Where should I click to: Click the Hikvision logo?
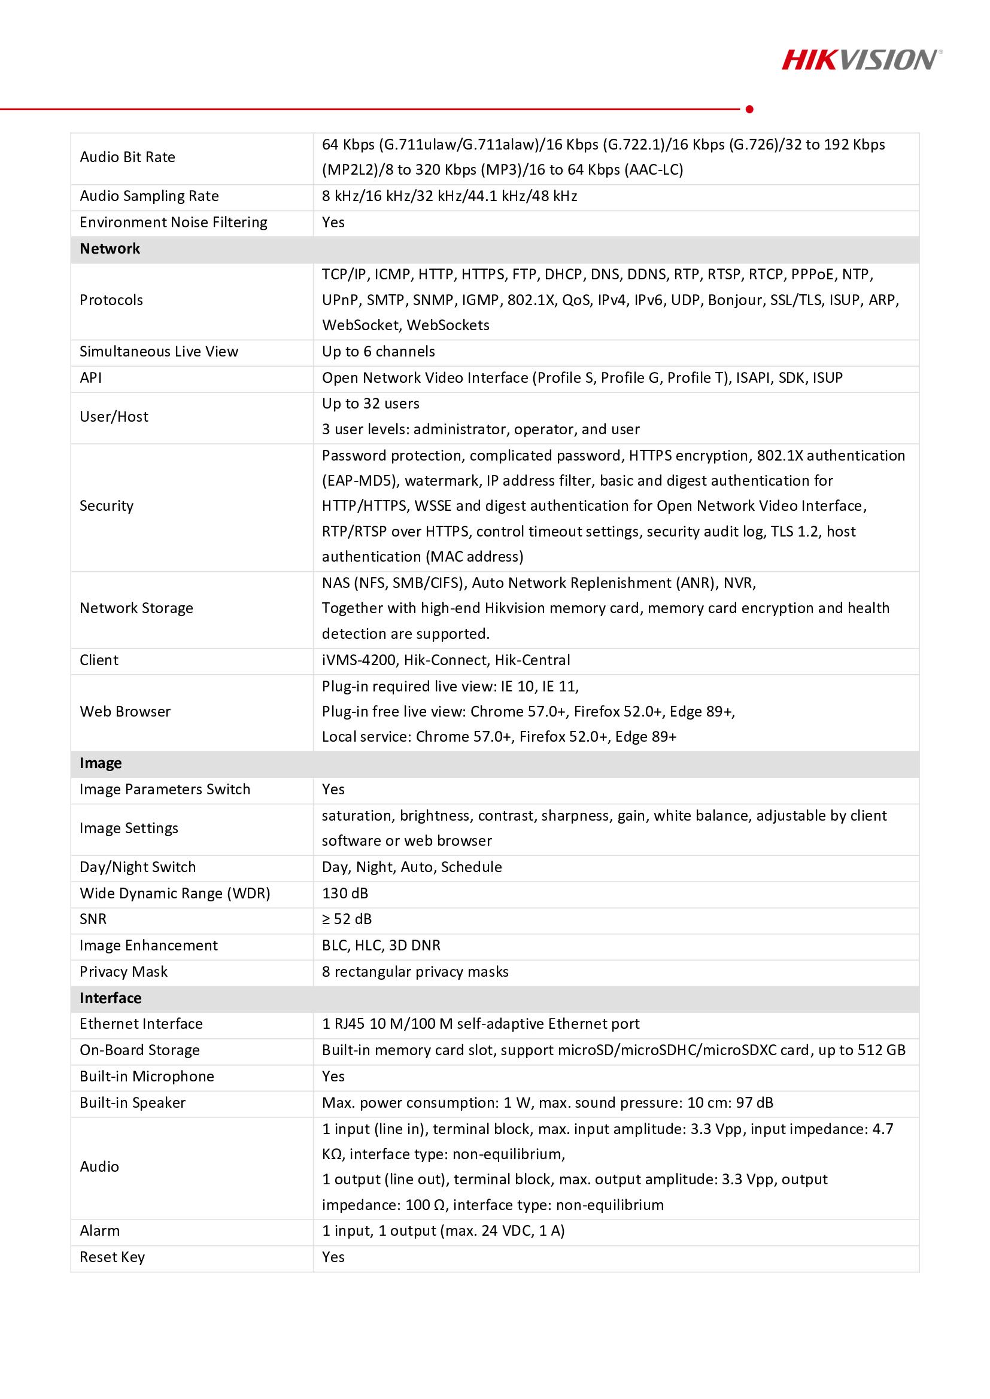(861, 60)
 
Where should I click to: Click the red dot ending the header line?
(749, 109)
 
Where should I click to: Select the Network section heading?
(110, 249)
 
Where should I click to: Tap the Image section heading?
(101, 763)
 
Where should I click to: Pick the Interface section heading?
(110, 998)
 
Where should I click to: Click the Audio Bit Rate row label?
(127, 157)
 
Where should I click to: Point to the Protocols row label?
(111, 300)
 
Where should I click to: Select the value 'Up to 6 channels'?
(378, 352)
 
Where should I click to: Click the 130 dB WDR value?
(345, 893)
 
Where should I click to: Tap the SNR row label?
(93, 919)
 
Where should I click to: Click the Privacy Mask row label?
(123, 971)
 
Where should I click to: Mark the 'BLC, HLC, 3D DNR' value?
(381, 945)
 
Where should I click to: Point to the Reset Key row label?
(112, 1257)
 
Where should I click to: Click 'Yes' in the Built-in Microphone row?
(333, 1076)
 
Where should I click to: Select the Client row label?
(99, 660)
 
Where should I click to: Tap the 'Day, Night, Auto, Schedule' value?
(411, 867)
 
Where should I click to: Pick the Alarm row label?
(99, 1231)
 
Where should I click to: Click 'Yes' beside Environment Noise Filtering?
(333, 223)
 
